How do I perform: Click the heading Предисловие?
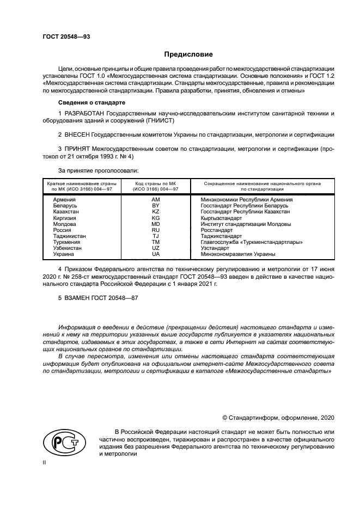click(x=188, y=54)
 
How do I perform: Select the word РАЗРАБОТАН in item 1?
click(x=84, y=113)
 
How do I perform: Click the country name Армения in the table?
click(x=64, y=200)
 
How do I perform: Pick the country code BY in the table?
click(x=155, y=206)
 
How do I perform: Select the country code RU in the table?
click(x=155, y=230)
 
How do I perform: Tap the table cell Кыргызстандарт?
click(x=221, y=218)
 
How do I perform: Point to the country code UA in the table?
click(x=155, y=254)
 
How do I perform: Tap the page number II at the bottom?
click(x=45, y=462)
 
